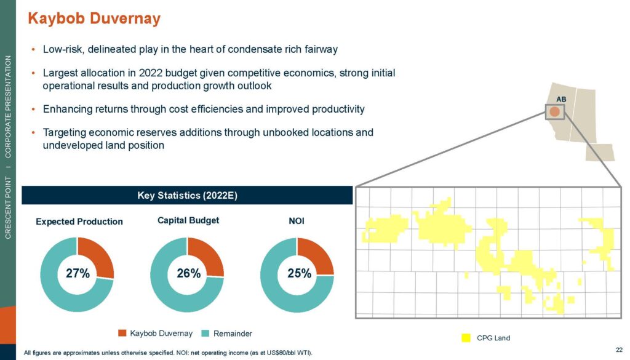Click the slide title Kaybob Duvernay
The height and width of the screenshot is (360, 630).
coord(94,18)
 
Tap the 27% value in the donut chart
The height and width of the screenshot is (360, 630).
coord(78,273)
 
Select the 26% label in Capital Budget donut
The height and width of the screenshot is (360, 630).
coord(188,273)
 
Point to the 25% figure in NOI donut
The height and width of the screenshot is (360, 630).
coord(300,273)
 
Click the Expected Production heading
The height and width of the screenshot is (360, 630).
coord(79,222)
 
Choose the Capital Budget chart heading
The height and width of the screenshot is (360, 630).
coord(188,220)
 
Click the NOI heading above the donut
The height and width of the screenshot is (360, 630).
coord(297,221)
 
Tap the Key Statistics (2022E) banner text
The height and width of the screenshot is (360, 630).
coord(187,195)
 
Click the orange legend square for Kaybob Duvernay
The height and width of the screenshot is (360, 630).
coord(122,333)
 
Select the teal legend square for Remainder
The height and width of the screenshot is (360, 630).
coord(205,333)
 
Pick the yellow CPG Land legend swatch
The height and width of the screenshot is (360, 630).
coord(466,338)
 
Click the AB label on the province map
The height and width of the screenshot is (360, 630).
coord(561,99)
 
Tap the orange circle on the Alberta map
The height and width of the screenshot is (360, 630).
coord(554,112)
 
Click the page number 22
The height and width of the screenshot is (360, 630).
coord(619,350)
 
